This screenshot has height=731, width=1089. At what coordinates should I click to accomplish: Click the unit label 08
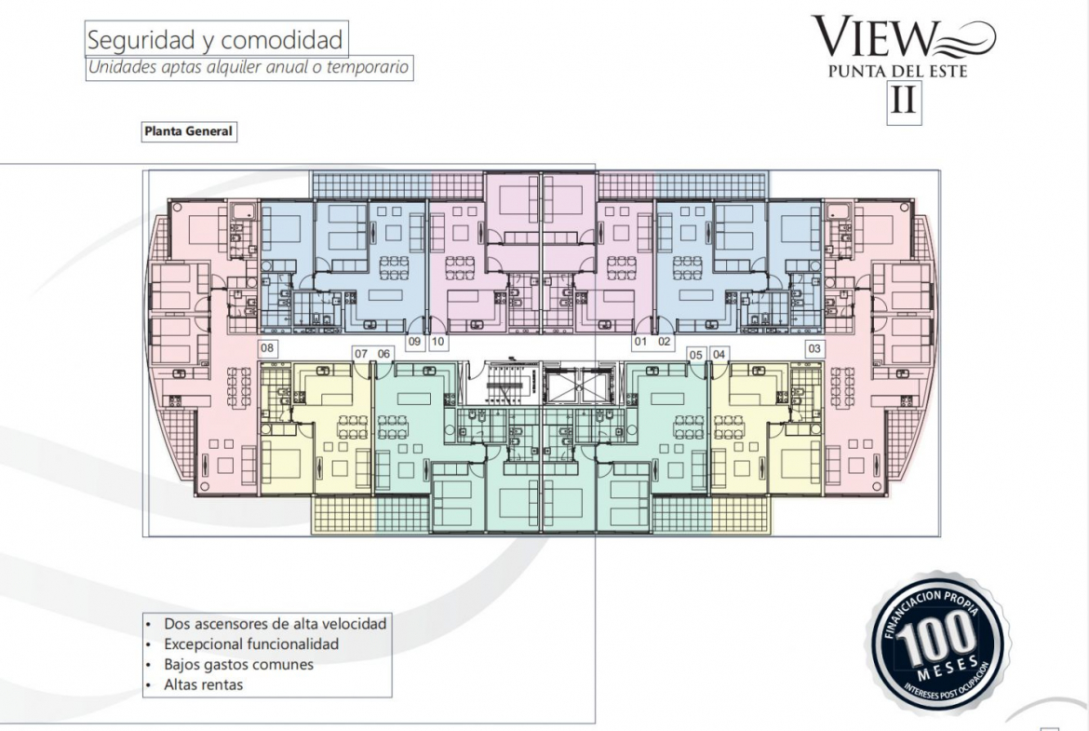pos(267,348)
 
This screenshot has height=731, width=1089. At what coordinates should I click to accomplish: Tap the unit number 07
pos(361,354)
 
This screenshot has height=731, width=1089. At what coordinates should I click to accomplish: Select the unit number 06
pos(384,354)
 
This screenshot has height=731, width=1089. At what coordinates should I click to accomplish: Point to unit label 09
pos(414,341)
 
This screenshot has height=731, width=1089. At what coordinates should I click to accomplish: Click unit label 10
pos(437,341)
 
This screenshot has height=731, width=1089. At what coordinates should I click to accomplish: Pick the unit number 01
pos(640,341)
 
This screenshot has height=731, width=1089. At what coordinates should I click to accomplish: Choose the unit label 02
pos(664,341)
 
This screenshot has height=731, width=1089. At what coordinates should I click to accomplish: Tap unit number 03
pos(814,348)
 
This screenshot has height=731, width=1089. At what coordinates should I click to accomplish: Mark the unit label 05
pos(696,355)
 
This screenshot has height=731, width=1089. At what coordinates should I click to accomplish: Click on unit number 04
pos(719,355)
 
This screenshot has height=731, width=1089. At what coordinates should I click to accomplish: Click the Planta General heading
pos(188,130)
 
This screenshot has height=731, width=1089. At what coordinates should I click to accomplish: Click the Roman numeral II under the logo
pos(904,100)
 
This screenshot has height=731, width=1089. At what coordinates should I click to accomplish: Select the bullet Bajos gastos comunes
pos(238,664)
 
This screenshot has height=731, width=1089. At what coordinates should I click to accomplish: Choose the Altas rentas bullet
pos(204,684)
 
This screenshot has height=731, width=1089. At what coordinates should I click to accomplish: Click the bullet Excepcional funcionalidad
pos(251,644)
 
